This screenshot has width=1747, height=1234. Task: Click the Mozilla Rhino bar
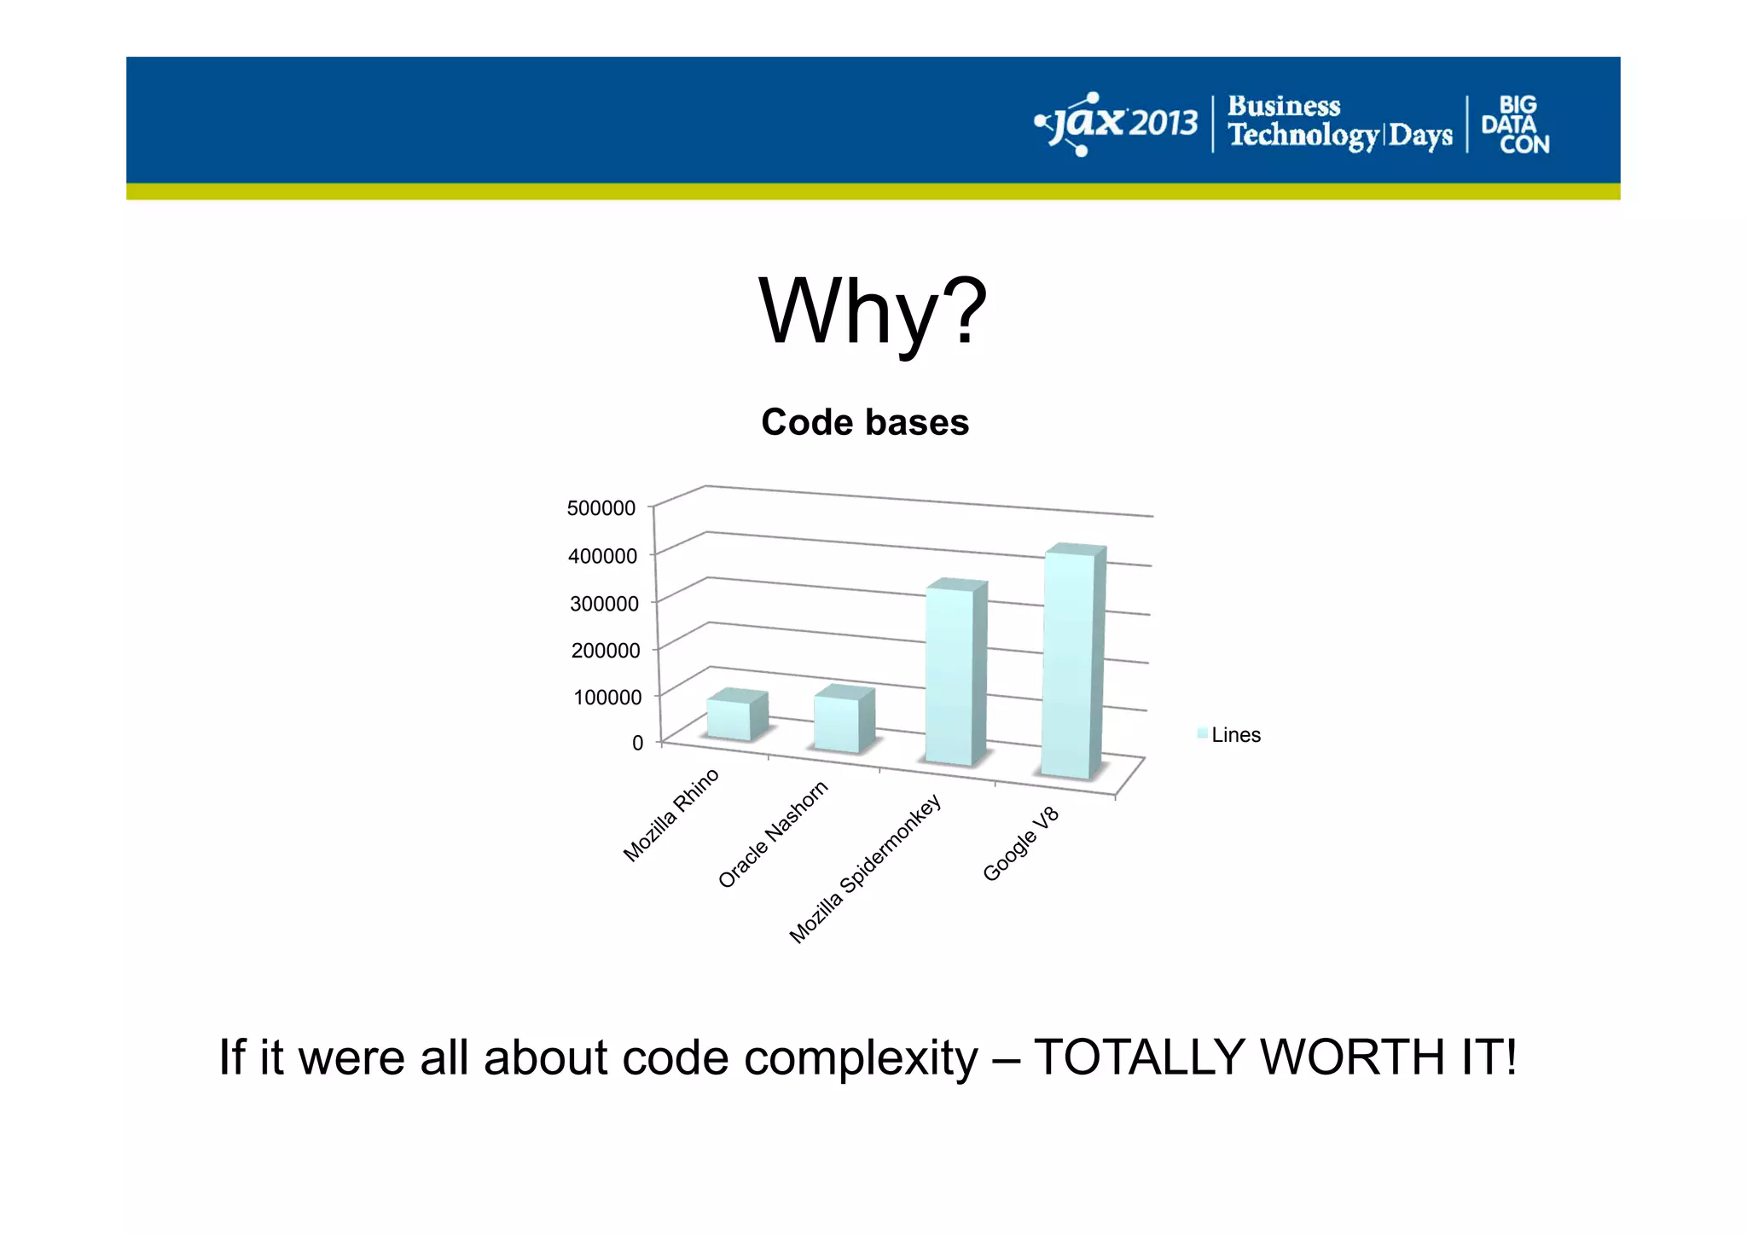pyautogui.click(x=729, y=720)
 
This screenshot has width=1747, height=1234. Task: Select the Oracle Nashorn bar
pyautogui.click(x=837, y=724)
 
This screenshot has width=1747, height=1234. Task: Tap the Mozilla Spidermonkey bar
pyautogui.click(x=949, y=676)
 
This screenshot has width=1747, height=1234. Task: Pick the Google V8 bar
pyautogui.click(x=1067, y=664)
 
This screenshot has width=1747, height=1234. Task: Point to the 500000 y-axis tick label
pyautogui.click(x=601, y=508)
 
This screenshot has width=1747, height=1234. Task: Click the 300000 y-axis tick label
pyautogui.click(x=604, y=604)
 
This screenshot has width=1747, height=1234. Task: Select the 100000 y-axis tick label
pyautogui.click(x=607, y=698)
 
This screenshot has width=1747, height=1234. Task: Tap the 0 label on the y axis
pyautogui.click(x=637, y=743)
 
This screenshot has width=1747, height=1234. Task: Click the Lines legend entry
pyautogui.click(x=1234, y=735)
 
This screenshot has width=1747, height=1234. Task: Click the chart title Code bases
pyautogui.click(x=864, y=422)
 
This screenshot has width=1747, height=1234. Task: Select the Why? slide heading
pyautogui.click(x=872, y=312)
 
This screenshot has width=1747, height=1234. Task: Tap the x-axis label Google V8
pyautogui.click(x=1020, y=843)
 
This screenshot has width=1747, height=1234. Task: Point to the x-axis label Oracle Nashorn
pyautogui.click(x=773, y=835)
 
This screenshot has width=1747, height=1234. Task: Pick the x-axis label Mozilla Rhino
pyautogui.click(x=671, y=815)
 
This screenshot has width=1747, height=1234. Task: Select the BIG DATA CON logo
pyautogui.click(x=1515, y=125)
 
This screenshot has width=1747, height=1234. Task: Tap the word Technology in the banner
pyautogui.click(x=1303, y=136)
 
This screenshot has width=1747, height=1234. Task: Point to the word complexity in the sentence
pyautogui.click(x=861, y=1058)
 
